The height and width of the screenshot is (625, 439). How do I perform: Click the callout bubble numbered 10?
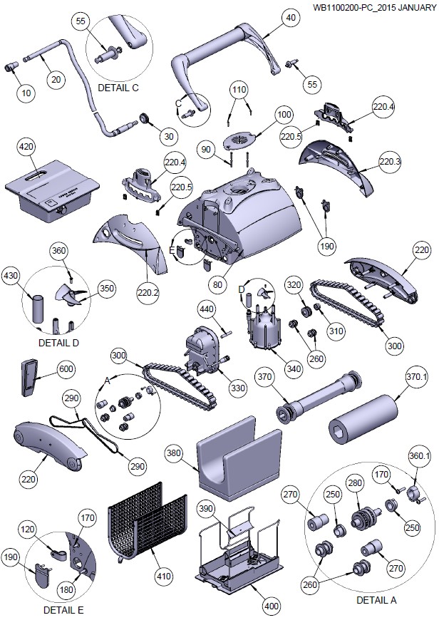point(27,93)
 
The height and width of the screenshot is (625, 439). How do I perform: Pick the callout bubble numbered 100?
point(284,114)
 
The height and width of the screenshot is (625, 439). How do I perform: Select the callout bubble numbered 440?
point(206,311)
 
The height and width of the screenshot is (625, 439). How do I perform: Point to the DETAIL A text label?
point(376,600)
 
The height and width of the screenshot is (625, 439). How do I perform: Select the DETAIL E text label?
point(64,610)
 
